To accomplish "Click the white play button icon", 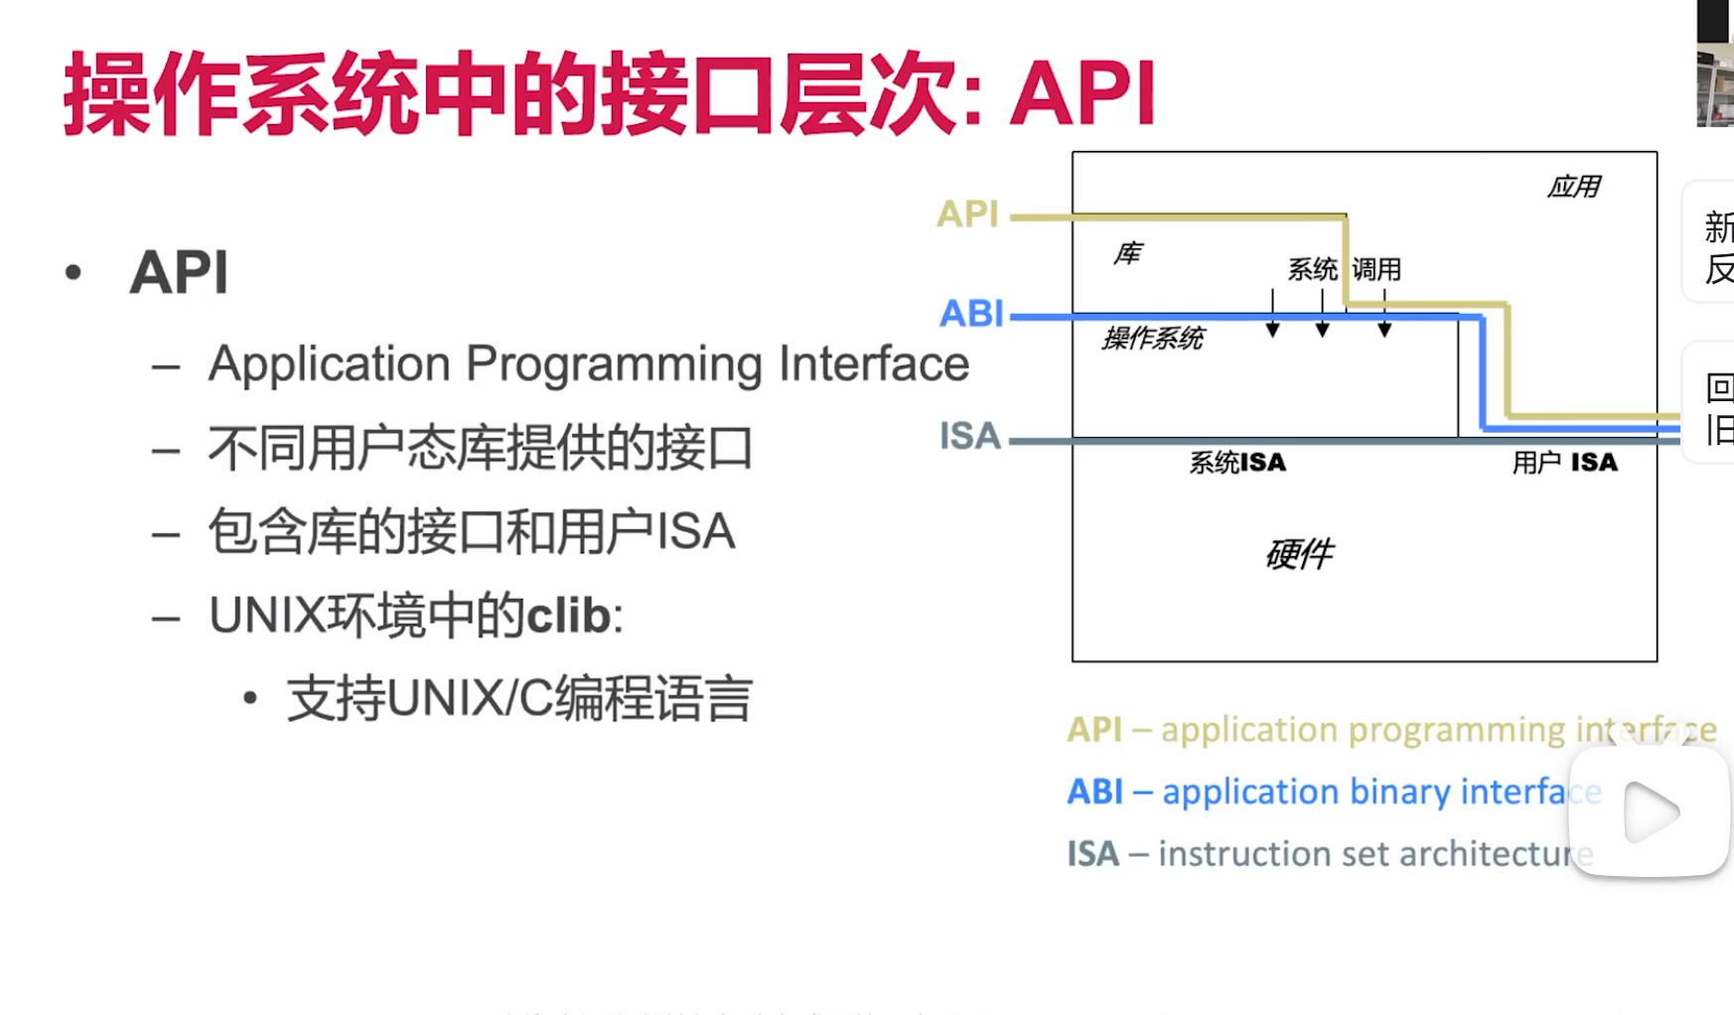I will pos(1651,812).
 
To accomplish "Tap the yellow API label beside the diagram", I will pos(967,215).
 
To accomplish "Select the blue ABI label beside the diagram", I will pos(971,314).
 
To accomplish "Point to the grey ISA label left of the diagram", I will pos(969,436).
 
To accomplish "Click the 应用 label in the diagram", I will pos(1574,187).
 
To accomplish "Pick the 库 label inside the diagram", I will pos(1127,254).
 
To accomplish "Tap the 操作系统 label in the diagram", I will pos(1153,339).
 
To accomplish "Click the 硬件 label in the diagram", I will pos(1300,553).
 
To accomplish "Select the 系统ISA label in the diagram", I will pos(1237,463).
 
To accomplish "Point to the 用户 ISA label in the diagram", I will pos(1564,463).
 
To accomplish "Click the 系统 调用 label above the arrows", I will pos(1344,269).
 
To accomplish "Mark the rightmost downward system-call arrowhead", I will pos(1384,329).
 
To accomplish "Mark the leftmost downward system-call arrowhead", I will pos(1272,329).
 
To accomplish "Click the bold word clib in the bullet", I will pos(568,616).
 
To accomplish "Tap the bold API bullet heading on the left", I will pos(179,272).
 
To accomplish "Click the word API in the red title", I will pos(1083,94).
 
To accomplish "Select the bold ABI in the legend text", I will pos(1094,792).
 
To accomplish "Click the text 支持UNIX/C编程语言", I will pos(519,698).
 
